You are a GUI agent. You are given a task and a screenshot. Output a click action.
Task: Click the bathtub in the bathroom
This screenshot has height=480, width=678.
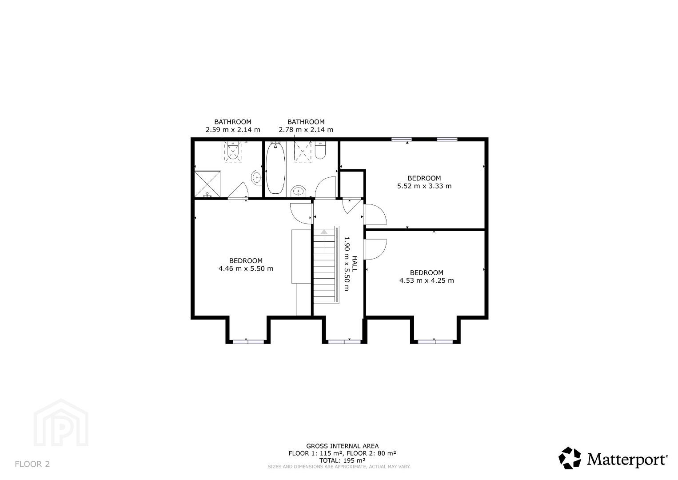(x=275, y=168)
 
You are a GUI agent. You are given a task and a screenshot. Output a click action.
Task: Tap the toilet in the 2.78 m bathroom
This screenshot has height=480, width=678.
(x=320, y=151)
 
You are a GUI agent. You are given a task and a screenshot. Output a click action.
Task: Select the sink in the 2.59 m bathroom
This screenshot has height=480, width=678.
(x=257, y=177)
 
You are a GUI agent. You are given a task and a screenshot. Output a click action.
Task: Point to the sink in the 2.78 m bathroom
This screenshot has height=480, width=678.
(x=299, y=192)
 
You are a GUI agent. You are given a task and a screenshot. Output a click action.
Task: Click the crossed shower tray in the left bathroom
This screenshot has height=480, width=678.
(x=207, y=184)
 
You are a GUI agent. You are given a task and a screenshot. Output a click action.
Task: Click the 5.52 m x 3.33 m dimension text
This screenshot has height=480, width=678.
(x=424, y=186)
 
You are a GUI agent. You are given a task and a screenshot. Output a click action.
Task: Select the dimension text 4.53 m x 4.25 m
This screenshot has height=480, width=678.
(x=427, y=280)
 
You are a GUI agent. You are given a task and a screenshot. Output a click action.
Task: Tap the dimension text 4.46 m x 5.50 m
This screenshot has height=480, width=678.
(x=246, y=268)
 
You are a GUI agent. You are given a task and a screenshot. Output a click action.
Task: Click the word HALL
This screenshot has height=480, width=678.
(x=355, y=264)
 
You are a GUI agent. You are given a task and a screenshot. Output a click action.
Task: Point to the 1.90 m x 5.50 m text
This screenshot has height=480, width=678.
(x=347, y=264)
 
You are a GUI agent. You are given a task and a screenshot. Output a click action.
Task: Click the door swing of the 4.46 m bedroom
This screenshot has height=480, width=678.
(x=301, y=213)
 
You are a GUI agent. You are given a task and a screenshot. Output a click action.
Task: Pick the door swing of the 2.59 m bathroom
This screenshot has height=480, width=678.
(x=238, y=190)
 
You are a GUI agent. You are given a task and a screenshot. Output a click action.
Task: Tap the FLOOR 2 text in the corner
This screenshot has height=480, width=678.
(x=32, y=464)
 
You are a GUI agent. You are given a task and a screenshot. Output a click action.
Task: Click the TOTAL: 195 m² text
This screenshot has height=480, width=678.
(x=342, y=460)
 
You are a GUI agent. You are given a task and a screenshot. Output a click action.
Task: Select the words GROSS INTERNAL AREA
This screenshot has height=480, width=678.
(x=342, y=446)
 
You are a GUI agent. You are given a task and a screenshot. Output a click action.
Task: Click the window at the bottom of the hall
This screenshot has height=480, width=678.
(x=344, y=342)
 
